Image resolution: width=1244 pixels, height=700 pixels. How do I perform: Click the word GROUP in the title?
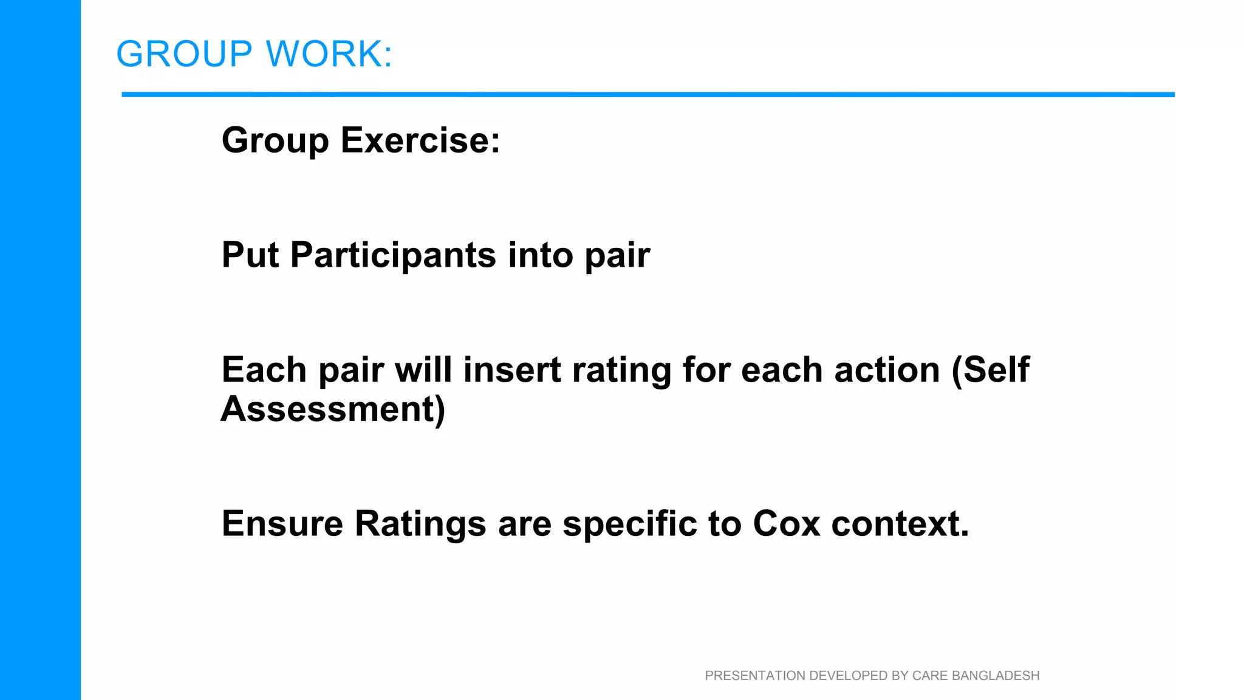[184, 54]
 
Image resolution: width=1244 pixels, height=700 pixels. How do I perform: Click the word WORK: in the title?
[330, 54]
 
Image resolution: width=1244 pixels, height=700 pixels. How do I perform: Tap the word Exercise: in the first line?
[420, 140]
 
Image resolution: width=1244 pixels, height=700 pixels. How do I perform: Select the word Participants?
[393, 255]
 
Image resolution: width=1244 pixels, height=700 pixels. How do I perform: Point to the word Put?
[250, 255]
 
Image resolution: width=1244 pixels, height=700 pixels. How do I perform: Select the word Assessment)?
[333, 409]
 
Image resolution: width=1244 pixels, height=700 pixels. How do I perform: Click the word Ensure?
[282, 524]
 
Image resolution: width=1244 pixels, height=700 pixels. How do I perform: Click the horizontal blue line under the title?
[648, 95]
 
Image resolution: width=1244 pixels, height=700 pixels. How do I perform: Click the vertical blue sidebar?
[40, 350]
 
